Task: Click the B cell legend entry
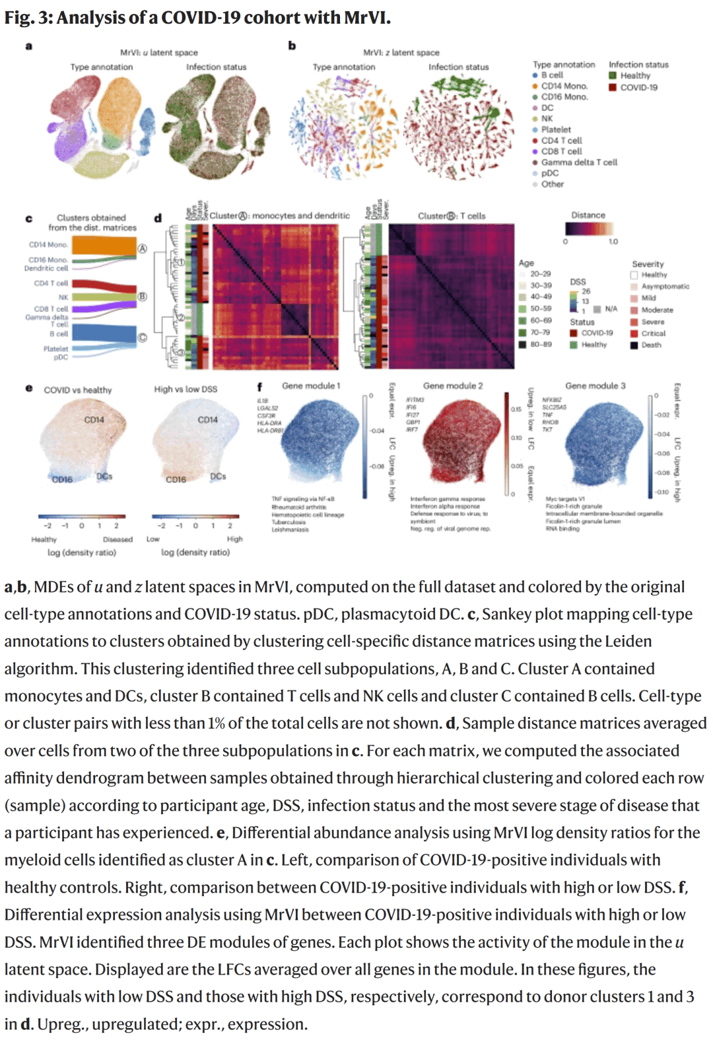[x=552, y=75]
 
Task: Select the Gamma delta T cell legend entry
[x=578, y=163]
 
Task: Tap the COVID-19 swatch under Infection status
[x=613, y=87]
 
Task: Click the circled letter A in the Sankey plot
[x=142, y=249]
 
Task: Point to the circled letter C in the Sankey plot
[x=142, y=338]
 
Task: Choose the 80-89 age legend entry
[x=540, y=345]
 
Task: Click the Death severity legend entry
[x=650, y=345]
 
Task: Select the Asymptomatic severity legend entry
[x=665, y=287]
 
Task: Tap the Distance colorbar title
[x=588, y=215]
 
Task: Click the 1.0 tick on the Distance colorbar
[x=613, y=242]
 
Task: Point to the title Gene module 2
[x=453, y=386]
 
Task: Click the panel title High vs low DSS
[x=186, y=389]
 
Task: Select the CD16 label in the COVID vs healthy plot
[x=62, y=480]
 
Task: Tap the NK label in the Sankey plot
[x=63, y=297]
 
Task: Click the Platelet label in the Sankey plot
[x=56, y=349]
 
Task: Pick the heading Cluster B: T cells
[x=452, y=216]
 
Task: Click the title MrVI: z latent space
[x=401, y=52]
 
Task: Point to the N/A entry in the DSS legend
[x=611, y=309]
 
